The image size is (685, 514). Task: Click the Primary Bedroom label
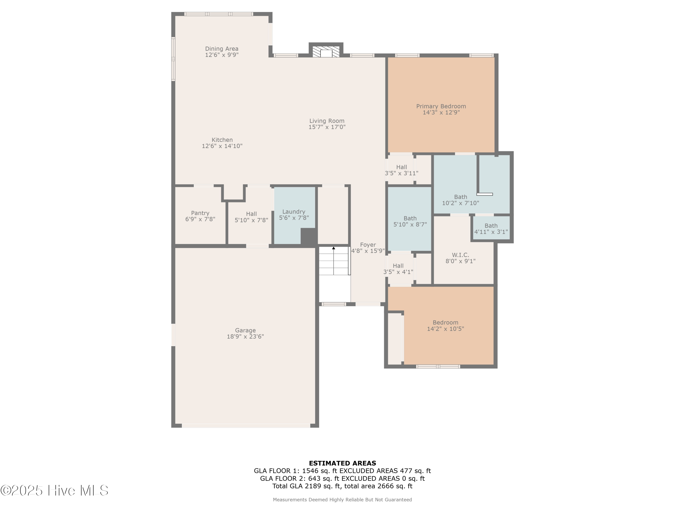(441, 106)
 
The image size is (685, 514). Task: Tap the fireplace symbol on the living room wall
(326, 52)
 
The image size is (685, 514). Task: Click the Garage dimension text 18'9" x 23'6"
(245, 336)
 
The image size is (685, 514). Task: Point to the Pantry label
(200, 213)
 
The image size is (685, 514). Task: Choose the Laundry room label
(294, 212)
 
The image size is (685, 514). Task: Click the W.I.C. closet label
(460, 255)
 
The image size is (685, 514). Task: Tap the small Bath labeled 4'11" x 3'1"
(491, 229)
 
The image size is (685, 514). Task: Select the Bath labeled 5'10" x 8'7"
(410, 221)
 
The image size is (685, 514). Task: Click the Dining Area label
(222, 49)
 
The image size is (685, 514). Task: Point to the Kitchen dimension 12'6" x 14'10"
(222, 146)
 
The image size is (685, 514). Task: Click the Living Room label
(327, 121)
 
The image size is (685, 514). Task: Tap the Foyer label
(368, 245)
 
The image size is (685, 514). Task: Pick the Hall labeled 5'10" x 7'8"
(251, 217)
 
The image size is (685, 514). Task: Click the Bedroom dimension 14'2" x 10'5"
(445, 329)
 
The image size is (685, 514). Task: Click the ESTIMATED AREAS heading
(342, 463)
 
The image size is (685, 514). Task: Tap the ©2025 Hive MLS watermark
(54, 490)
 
